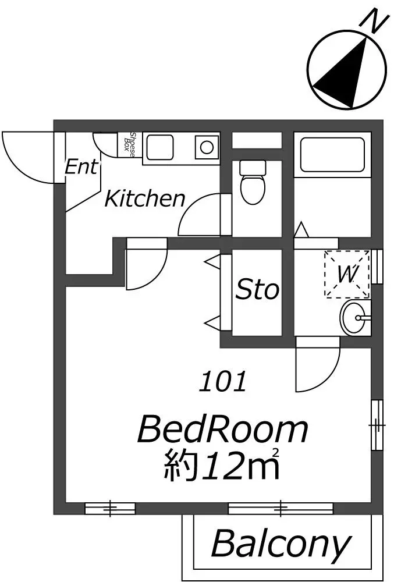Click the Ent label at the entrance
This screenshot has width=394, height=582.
[82, 166]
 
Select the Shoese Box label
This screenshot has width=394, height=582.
[129, 144]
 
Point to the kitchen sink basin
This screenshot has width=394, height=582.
[160, 147]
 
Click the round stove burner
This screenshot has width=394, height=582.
[206, 147]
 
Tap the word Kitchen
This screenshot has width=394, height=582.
[145, 198]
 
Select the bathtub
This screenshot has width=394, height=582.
[332, 154]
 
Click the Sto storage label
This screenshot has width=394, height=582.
[257, 289]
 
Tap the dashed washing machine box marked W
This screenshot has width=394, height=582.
[347, 274]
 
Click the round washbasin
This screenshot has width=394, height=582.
[354, 318]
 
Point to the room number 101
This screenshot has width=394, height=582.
[223, 382]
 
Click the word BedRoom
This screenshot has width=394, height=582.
[222, 430]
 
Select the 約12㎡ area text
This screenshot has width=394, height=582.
[222, 464]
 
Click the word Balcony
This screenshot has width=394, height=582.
[281, 544]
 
